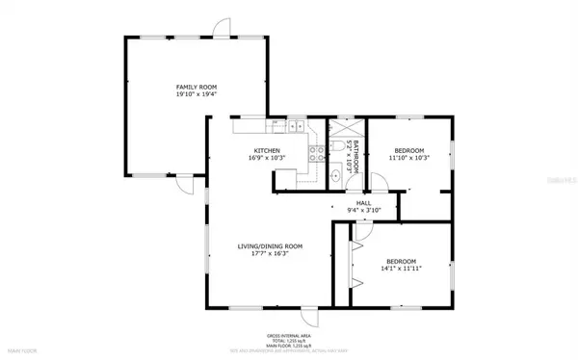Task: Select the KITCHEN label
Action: tap(267, 150)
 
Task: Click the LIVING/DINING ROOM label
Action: tap(270, 246)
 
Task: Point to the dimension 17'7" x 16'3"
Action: tap(270, 255)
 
